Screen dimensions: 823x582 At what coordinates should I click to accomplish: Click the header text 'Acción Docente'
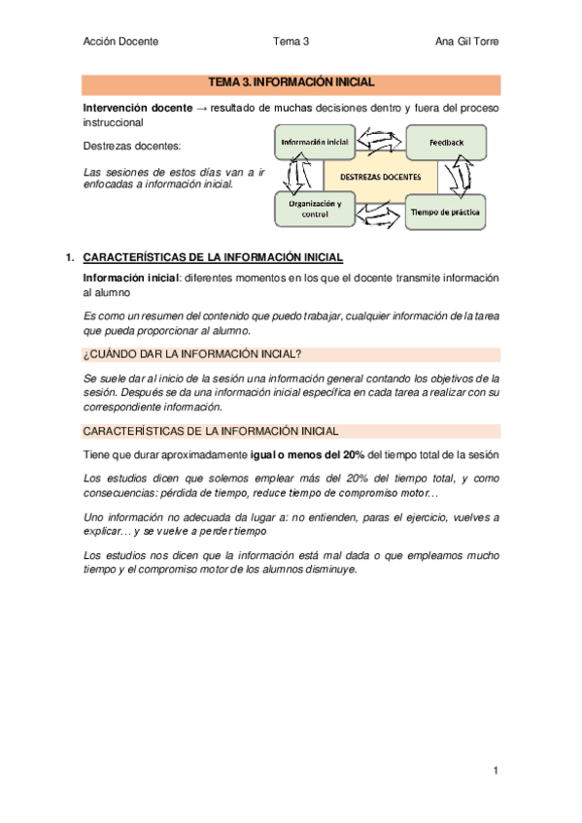pos(120,41)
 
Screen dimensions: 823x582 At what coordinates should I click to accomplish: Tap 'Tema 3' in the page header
pos(291,41)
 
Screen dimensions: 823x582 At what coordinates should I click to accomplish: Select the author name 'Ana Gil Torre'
pos(468,41)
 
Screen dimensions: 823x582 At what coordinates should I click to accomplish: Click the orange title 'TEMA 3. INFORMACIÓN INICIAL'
pos(291,83)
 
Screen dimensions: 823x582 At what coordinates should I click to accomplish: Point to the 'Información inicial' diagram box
pos(315,143)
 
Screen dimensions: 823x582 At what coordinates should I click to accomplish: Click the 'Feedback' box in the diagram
pos(447,143)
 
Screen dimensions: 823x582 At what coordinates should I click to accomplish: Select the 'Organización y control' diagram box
pos(312,210)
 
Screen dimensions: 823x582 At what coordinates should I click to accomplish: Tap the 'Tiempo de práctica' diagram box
pos(445,211)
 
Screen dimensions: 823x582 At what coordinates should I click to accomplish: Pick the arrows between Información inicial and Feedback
pos(380,143)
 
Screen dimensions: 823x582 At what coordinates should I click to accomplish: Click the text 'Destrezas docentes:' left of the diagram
pos(133,147)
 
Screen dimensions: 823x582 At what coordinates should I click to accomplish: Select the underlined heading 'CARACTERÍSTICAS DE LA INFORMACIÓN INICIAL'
pos(213,258)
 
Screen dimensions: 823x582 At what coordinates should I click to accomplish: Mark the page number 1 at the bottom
pos(495,772)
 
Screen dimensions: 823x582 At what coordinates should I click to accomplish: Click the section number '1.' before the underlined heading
pos(69,258)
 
